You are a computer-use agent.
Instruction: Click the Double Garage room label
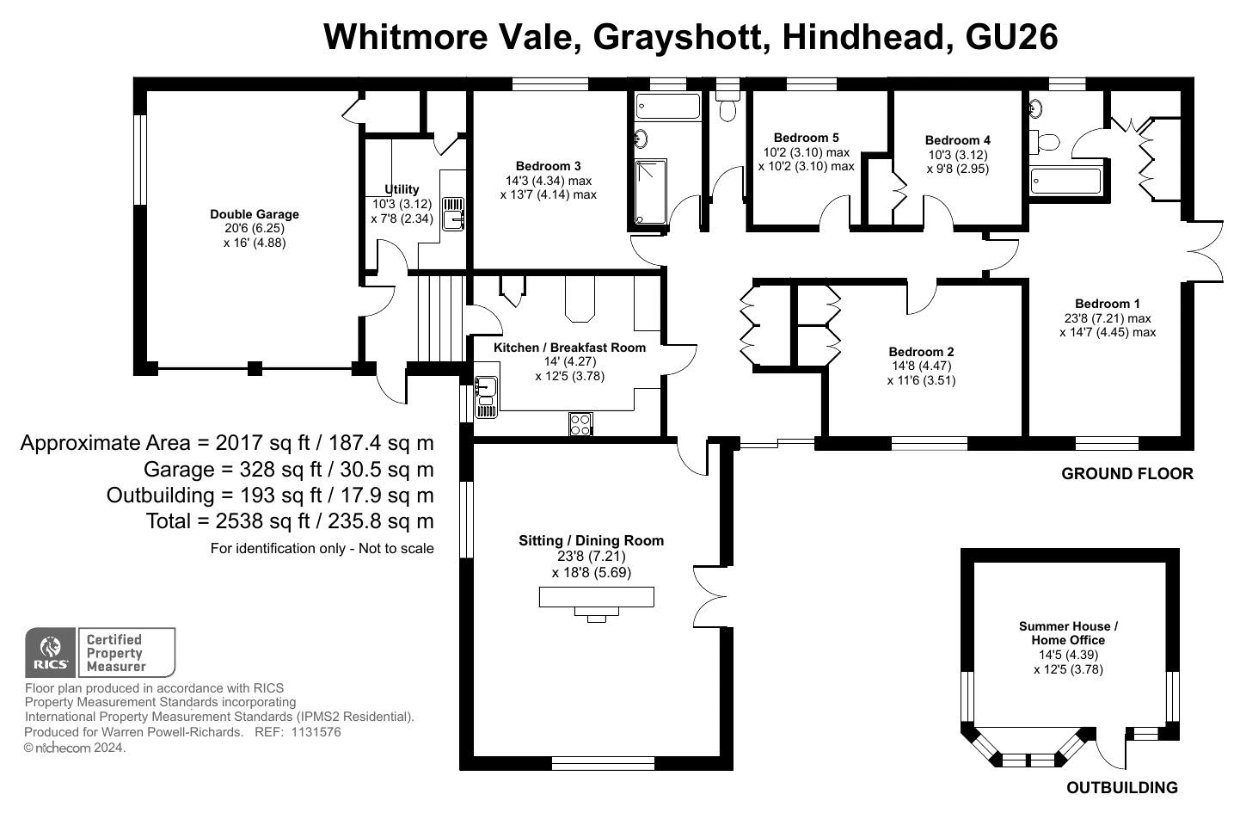(x=255, y=214)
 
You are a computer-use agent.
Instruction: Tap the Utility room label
(x=402, y=189)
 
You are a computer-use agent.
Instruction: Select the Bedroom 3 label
(x=548, y=166)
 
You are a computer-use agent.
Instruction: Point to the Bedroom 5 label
(x=806, y=138)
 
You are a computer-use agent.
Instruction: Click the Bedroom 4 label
(x=958, y=140)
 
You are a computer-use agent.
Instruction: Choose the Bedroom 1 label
(x=1108, y=304)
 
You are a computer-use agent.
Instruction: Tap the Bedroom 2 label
(x=921, y=352)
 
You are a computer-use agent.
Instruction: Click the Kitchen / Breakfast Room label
(x=569, y=348)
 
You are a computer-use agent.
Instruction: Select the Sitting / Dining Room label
(x=592, y=540)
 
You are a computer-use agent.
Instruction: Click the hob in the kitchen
(x=580, y=424)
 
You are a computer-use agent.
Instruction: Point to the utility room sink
(x=453, y=213)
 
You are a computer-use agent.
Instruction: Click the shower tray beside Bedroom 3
(x=650, y=192)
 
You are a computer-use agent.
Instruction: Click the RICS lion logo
(x=51, y=652)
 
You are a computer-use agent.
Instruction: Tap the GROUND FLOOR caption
(x=1127, y=474)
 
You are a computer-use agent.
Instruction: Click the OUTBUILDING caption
(x=1122, y=787)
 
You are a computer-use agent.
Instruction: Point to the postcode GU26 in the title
(x=1011, y=37)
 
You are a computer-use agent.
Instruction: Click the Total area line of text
(x=290, y=521)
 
